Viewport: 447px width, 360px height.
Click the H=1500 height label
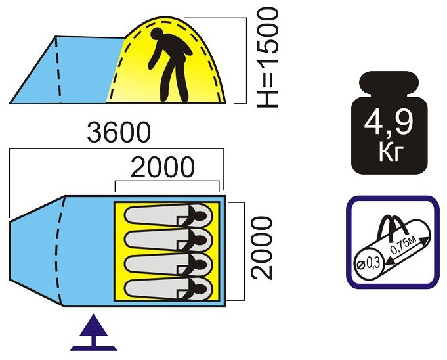coord(268,58)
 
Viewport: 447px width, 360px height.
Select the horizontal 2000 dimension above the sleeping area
coord(163,168)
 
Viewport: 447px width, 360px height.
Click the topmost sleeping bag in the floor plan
coord(167,215)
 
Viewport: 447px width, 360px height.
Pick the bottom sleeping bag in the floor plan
coord(167,286)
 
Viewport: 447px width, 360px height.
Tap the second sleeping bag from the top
coord(167,239)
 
